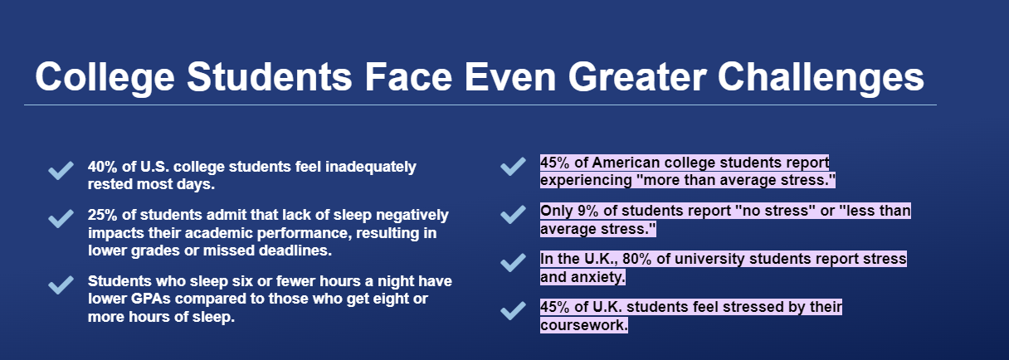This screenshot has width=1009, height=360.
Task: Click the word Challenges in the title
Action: coord(821,76)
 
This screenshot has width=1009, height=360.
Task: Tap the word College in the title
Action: coord(105,76)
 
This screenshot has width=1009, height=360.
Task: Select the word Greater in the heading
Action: coord(637,76)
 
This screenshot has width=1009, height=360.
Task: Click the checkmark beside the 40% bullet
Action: coord(61,170)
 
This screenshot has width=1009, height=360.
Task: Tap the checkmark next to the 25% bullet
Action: coord(61,218)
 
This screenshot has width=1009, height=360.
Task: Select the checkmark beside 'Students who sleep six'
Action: coord(61,285)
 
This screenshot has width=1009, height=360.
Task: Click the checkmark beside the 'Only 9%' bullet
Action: coord(513,215)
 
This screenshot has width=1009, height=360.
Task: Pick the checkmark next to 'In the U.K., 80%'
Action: coord(513,263)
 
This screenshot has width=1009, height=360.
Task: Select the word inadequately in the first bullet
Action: coord(371,167)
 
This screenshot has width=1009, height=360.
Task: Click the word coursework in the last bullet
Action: coord(584,325)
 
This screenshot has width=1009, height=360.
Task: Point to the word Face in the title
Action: coord(408,76)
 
